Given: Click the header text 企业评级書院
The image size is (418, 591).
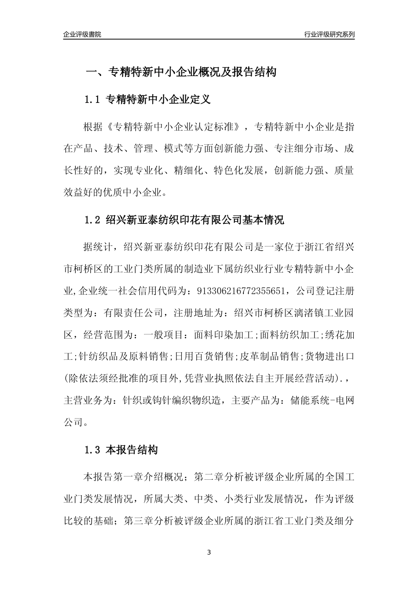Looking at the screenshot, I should (82, 34).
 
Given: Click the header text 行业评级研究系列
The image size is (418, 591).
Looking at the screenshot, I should (329, 34).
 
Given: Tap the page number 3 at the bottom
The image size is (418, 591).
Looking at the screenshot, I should (209, 552).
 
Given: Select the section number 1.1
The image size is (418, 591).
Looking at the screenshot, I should (93, 100).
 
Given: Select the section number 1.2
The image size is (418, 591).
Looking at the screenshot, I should (93, 220).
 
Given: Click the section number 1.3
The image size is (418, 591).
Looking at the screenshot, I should (93, 450).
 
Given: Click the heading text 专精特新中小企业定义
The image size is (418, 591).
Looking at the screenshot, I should (159, 100).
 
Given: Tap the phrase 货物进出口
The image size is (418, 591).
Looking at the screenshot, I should (330, 357).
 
